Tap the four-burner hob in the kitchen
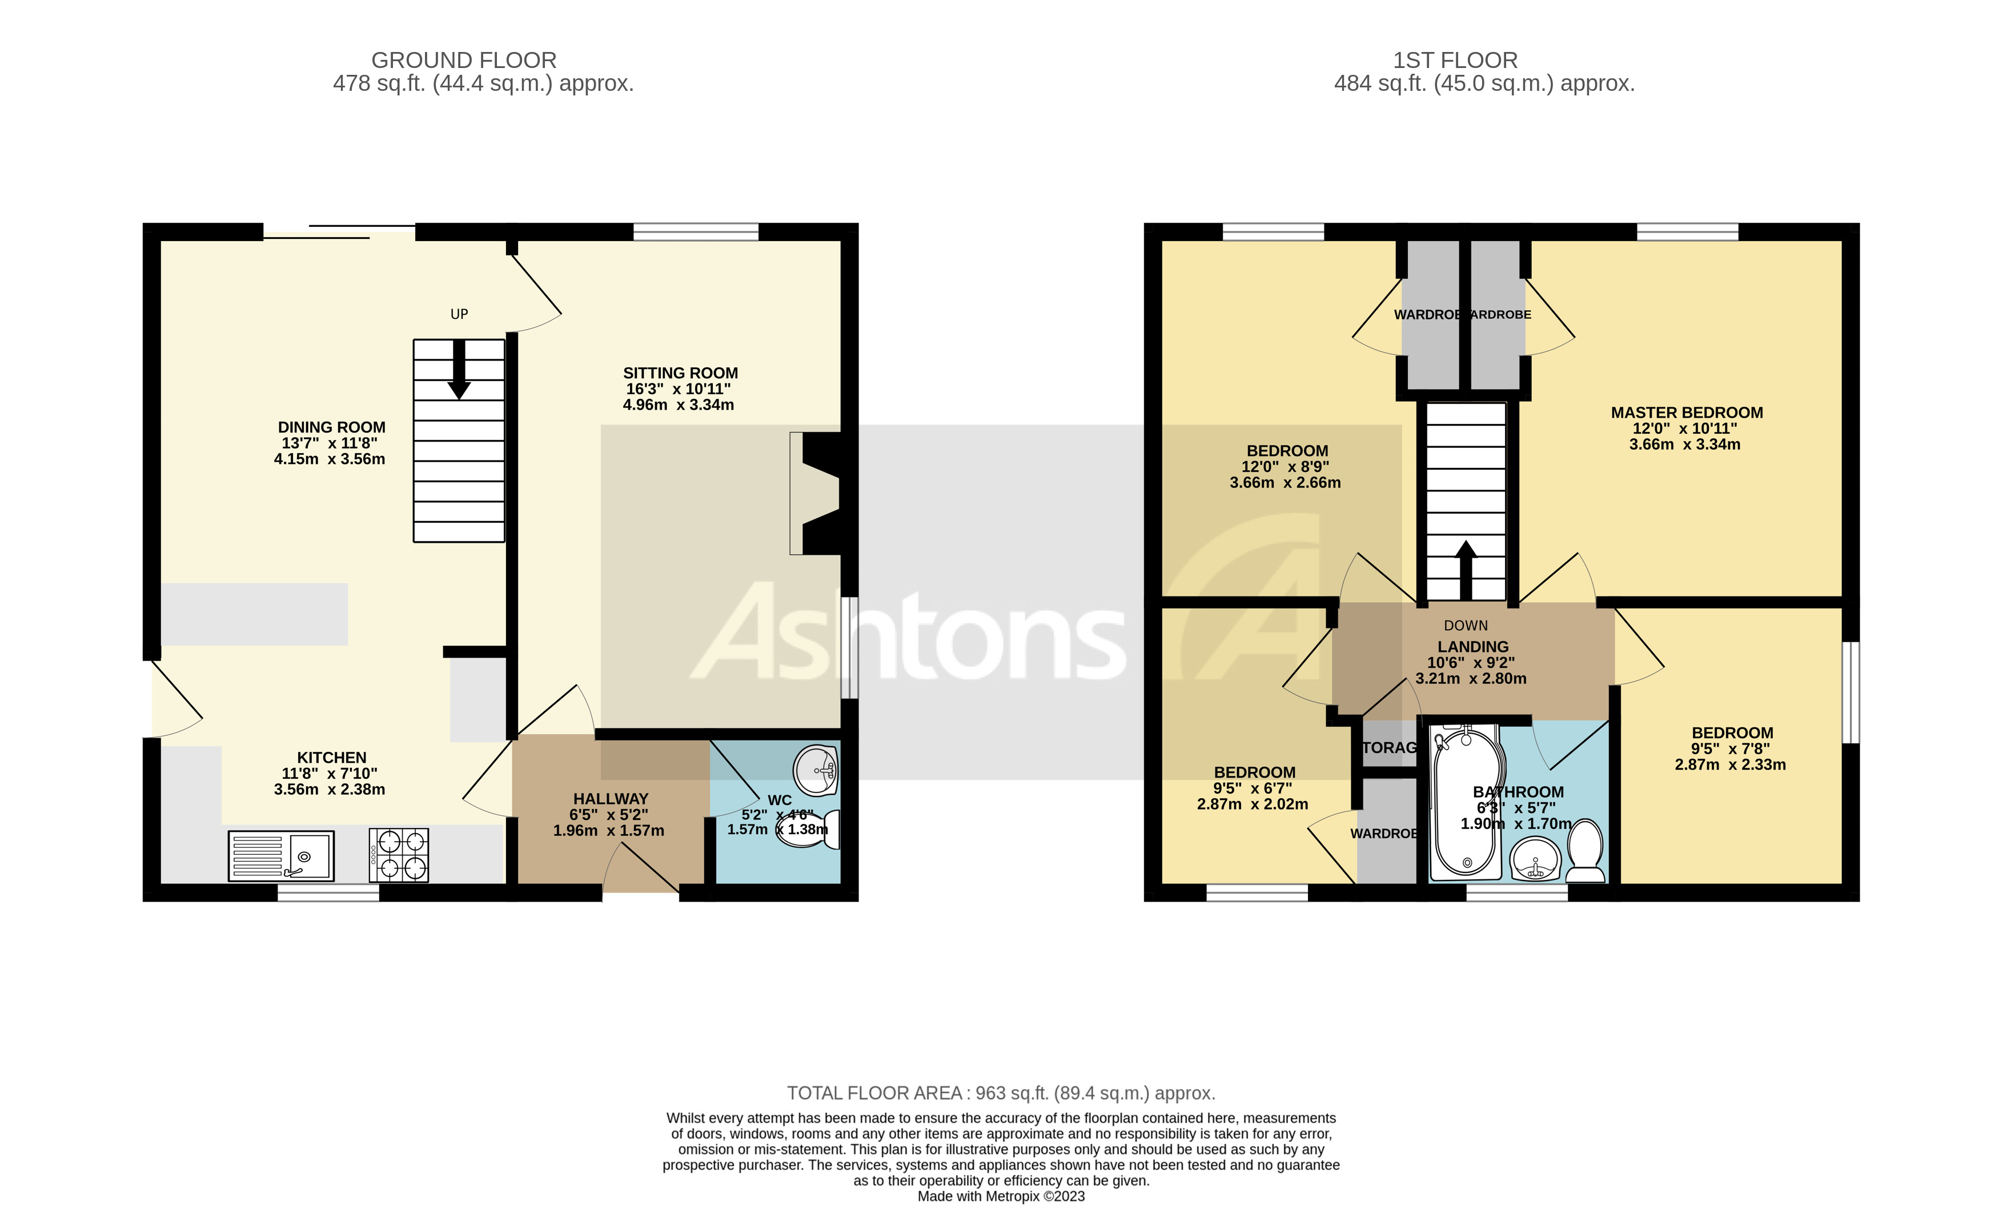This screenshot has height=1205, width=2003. [x=399, y=854]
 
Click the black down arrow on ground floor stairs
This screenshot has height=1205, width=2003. [x=459, y=370]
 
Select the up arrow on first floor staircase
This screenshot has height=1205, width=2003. [x=1465, y=569]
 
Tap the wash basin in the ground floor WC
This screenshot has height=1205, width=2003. [x=816, y=769]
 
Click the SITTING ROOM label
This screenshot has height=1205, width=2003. [x=680, y=373]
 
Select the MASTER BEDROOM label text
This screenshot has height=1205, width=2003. [x=1687, y=413]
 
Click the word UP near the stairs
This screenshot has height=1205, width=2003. [x=459, y=314]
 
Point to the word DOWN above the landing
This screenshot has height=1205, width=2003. [x=1465, y=625]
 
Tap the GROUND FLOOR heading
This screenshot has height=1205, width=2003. [x=463, y=60]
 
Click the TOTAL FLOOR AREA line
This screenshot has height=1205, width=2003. [x=1001, y=1093]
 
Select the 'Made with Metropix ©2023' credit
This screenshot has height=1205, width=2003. [x=1001, y=1196]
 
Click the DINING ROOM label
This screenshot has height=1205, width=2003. [x=331, y=427]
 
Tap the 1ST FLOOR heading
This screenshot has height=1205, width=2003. [x=1454, y=60]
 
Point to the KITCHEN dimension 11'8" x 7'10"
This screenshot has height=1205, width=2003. [x=329, y=773]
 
